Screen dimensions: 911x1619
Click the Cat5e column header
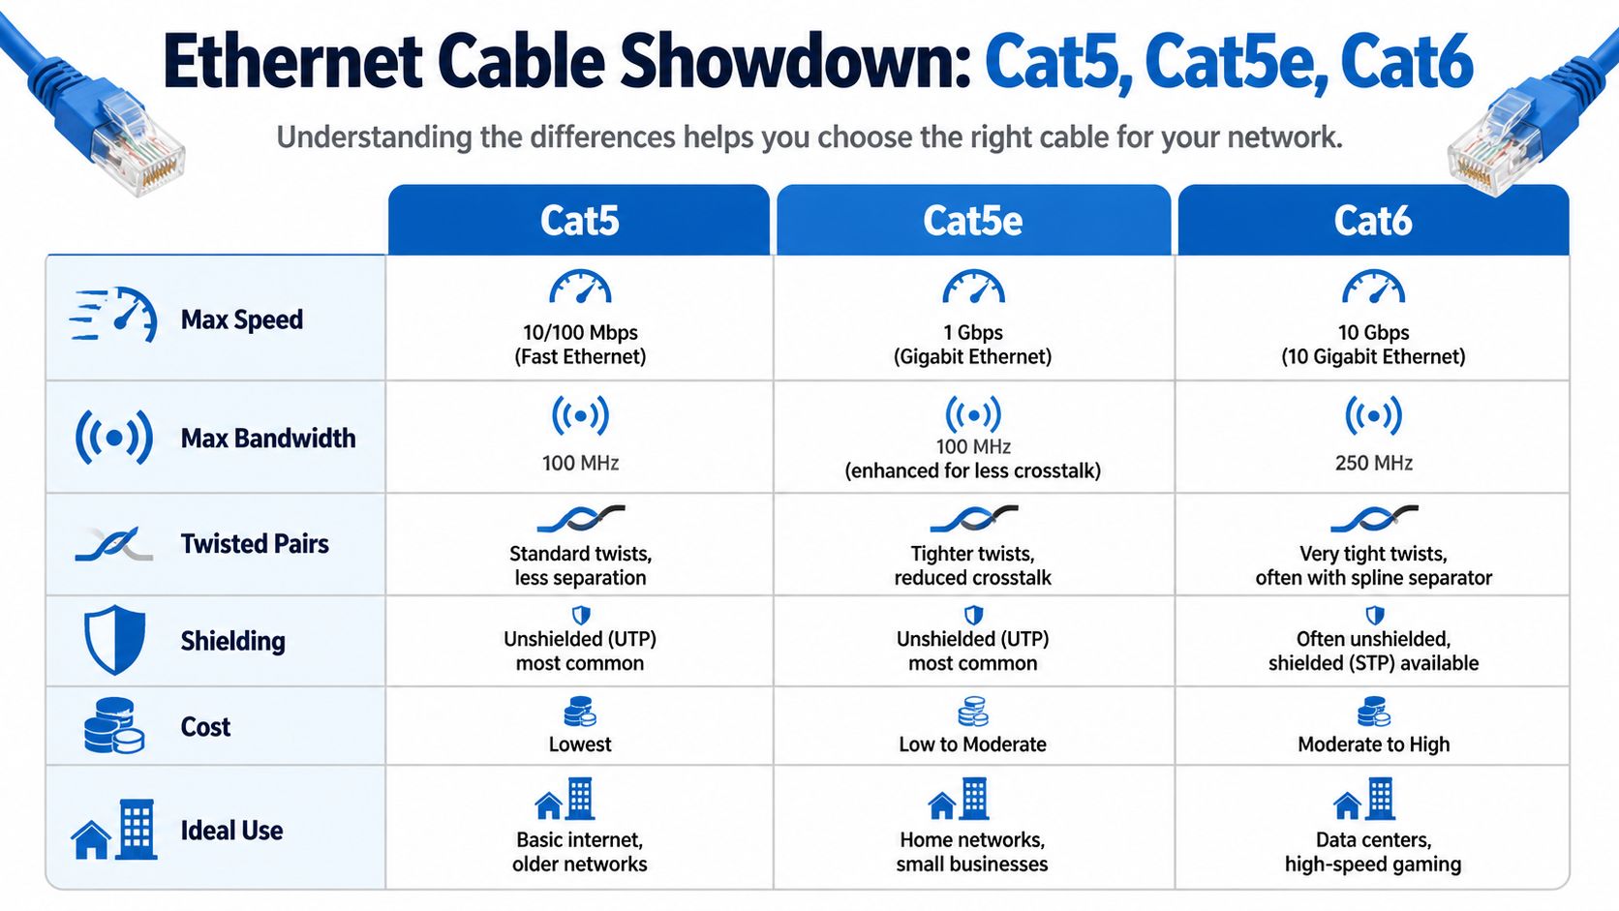(972, 221)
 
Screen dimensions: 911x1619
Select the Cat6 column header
(1372, 221)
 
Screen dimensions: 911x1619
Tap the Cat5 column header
(579, 221)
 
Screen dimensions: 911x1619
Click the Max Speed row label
(241, 319)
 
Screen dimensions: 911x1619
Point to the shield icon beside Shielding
(114, 639)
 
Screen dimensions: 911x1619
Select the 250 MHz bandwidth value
(1373, 463)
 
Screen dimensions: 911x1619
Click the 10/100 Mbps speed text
(580, 333)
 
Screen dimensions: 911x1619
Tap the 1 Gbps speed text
(972, 333)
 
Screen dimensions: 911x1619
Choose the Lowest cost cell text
(580, 744)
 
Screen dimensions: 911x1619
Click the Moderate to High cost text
(1373, 744)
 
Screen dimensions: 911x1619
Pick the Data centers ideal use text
(1373, 840)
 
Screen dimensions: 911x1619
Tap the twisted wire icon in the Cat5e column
(973, 519)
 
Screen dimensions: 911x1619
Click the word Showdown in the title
(794, 62)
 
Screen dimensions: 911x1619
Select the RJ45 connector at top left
(136, 145)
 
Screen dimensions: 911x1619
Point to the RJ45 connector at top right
(1491, 143)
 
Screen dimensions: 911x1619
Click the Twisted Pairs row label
(255, 544)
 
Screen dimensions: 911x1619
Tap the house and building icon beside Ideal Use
(114, 830)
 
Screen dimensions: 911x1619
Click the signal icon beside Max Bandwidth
(114, 438)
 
